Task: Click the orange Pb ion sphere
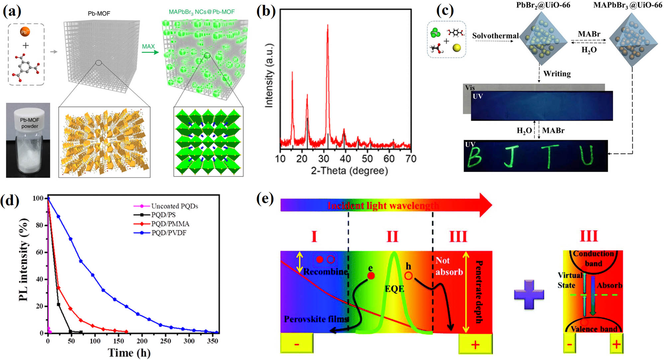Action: [x=25, y=32]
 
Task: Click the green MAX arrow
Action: [x=150, y=52]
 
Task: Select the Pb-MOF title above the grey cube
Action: [x=99, y=14]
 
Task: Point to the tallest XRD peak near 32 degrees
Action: [x=328, y=27]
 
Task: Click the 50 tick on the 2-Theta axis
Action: [x=367, y=159]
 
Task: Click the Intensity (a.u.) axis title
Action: [x=269, y=76]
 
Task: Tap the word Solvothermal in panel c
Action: [x=495, y=36]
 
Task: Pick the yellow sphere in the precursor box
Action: [x=457, y=48]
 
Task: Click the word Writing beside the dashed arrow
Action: [x=557, y=74]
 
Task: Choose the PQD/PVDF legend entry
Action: [x=169, y=233]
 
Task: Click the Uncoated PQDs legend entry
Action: [x=174, y=206]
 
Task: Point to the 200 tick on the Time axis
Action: [x=142, y=341]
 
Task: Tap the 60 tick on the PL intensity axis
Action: [x=39, y=252]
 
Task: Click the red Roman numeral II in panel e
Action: [x=392, y=237]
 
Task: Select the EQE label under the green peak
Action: [x=394, y=289]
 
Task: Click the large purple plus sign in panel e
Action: [x=529, y=294]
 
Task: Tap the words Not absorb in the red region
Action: [x=449, y=266]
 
